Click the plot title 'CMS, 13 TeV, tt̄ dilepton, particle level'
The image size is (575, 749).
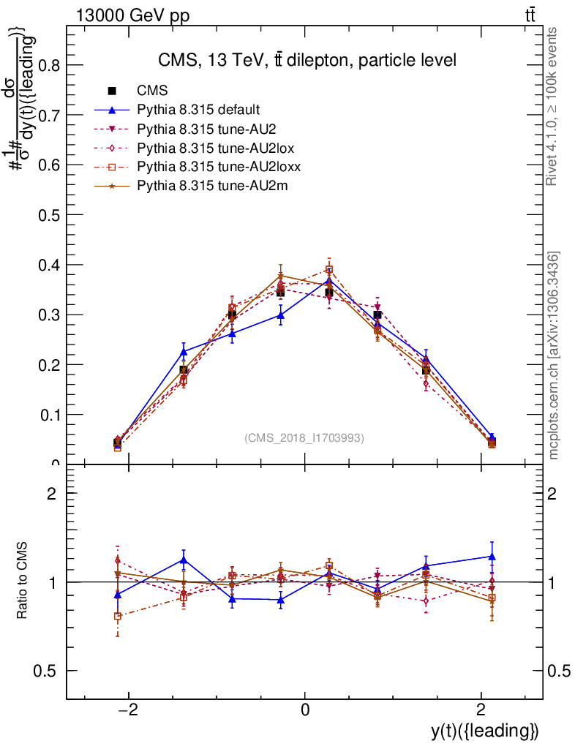(x=307, y=60)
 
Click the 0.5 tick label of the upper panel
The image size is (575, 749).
(x=50, y=215)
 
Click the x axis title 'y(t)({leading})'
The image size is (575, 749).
(x=485, y=731)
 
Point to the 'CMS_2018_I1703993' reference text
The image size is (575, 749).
(x=304, y=438)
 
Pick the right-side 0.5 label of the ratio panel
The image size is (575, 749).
(x=559, y=671)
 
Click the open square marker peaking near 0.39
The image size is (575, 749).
(x=329, y=270)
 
